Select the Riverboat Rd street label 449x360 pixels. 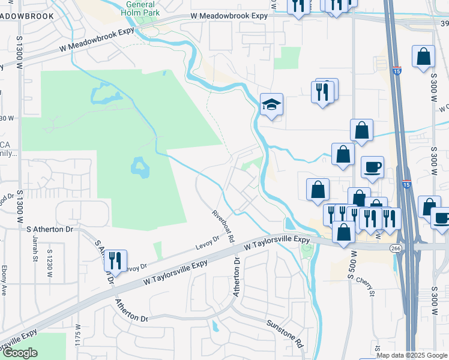[223, 225]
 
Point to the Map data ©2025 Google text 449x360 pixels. [412, 355]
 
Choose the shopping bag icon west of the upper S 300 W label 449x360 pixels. [423, 57]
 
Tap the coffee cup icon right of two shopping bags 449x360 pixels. [372, 166]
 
